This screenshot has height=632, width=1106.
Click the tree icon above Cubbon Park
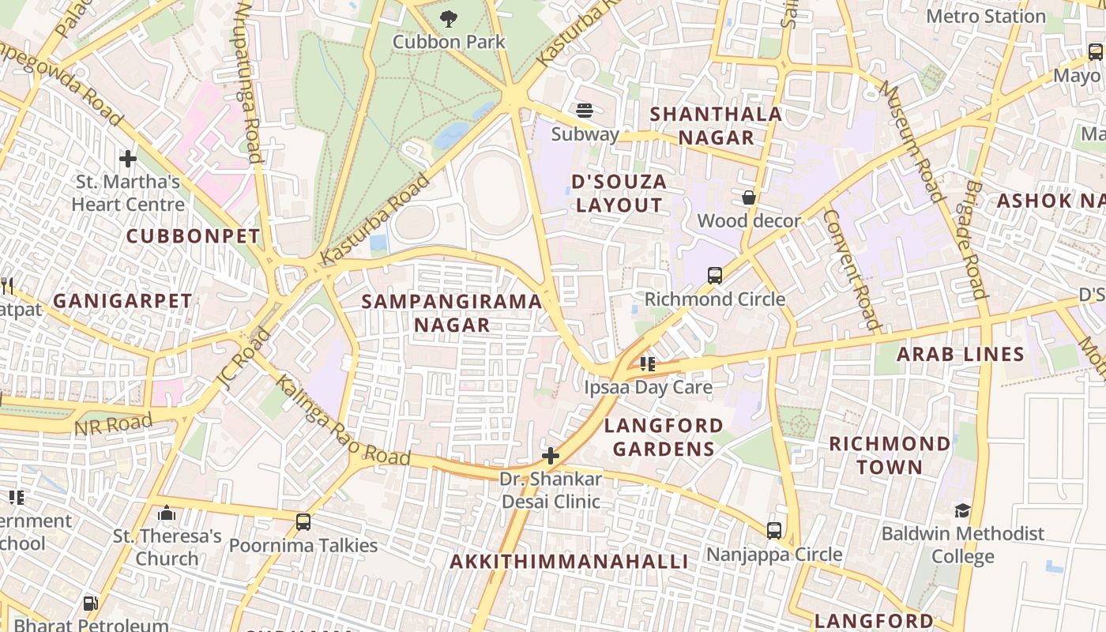tap(449, 17)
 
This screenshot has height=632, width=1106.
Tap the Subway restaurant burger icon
tap(585, 110)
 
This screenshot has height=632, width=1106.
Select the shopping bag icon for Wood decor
tap(748, 197)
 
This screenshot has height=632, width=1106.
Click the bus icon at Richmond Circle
tap(714, 276)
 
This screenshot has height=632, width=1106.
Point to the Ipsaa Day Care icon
tap(648, 364)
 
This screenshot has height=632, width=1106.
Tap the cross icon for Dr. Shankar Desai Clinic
tap(551, 456)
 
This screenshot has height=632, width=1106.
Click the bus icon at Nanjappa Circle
tap(774, 531)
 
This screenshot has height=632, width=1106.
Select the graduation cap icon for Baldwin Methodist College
tap(962, 510)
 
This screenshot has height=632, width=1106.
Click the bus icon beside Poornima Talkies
tap(303, 522)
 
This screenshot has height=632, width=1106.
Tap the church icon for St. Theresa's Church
tap(166, 513)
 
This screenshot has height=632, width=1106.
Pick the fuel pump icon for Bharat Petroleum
tap(91, 604)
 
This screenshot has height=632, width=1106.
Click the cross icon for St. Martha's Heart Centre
tap(127, 159)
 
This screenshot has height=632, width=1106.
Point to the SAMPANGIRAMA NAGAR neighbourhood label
tap(452, 313)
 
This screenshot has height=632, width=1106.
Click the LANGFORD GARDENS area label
tap(664, 438)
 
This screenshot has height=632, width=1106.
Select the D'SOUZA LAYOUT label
tap(619, 194)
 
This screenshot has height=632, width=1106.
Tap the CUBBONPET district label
tap(193, 236)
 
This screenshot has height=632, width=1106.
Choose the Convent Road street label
tap(852, 269)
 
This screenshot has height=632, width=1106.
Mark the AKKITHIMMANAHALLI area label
tap(569, 562)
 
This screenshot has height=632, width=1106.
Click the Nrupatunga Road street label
tap(248, 82)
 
